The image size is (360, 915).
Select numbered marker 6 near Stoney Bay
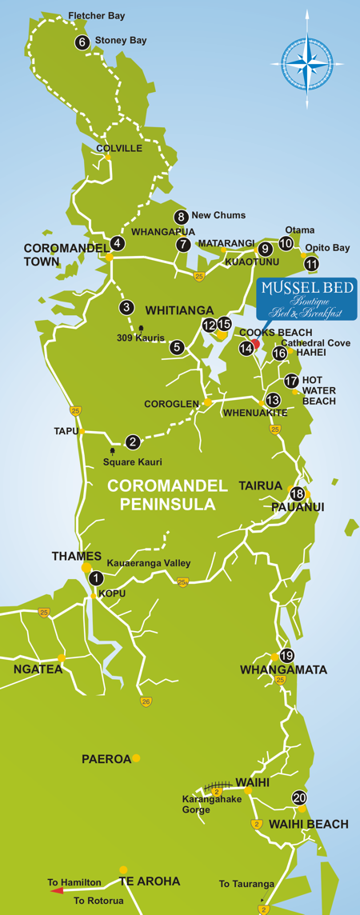[x=82, y=43]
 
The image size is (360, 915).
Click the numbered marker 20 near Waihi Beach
[x=299, y=797]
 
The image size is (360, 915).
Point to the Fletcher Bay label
[x=97, y=15]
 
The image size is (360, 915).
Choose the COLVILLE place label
[x=118, y=148]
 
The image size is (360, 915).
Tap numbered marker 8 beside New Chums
[x=182, y=216]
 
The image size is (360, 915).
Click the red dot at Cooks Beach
[x=255, y=344]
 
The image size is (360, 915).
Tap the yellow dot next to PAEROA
[x=137, y=758]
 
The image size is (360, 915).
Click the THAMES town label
[x=76, y=556]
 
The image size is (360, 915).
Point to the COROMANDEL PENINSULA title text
[x=162, y=495]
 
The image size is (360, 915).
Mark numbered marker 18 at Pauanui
[x=297, y=494]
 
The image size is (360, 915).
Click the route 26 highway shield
[x=146, y=701]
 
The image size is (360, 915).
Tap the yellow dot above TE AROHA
[x=123, y=869]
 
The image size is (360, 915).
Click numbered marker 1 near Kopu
[x=96, y=578]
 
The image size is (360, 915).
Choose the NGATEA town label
[x=38, y=669]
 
